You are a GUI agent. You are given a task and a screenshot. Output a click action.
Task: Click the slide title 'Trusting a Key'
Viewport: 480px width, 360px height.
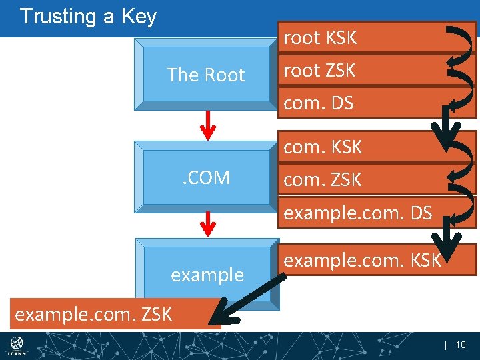point(88,16)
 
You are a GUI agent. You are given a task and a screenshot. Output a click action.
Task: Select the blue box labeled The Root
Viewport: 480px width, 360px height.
point(205,75)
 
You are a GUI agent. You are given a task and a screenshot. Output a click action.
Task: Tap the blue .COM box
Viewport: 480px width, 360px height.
point(207,177)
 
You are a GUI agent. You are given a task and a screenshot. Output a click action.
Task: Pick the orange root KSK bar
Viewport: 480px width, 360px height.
point(360,38)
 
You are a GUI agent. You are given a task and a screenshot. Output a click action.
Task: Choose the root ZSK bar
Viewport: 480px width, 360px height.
point(360,70)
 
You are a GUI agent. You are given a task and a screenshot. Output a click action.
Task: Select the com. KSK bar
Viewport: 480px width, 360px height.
point(360,147)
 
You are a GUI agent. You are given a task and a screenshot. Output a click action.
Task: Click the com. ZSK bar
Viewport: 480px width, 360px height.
point(360,179)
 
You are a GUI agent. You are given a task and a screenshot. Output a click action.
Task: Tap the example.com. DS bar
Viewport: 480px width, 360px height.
point(360,213)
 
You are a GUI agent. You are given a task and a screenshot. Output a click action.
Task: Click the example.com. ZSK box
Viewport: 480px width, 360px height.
point(113,313)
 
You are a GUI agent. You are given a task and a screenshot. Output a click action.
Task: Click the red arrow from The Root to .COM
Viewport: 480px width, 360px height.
point(209,125)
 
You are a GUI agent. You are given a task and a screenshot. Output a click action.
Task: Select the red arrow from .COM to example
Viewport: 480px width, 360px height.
point(209,223)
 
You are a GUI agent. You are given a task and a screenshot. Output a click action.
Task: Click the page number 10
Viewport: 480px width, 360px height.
point(460,345)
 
